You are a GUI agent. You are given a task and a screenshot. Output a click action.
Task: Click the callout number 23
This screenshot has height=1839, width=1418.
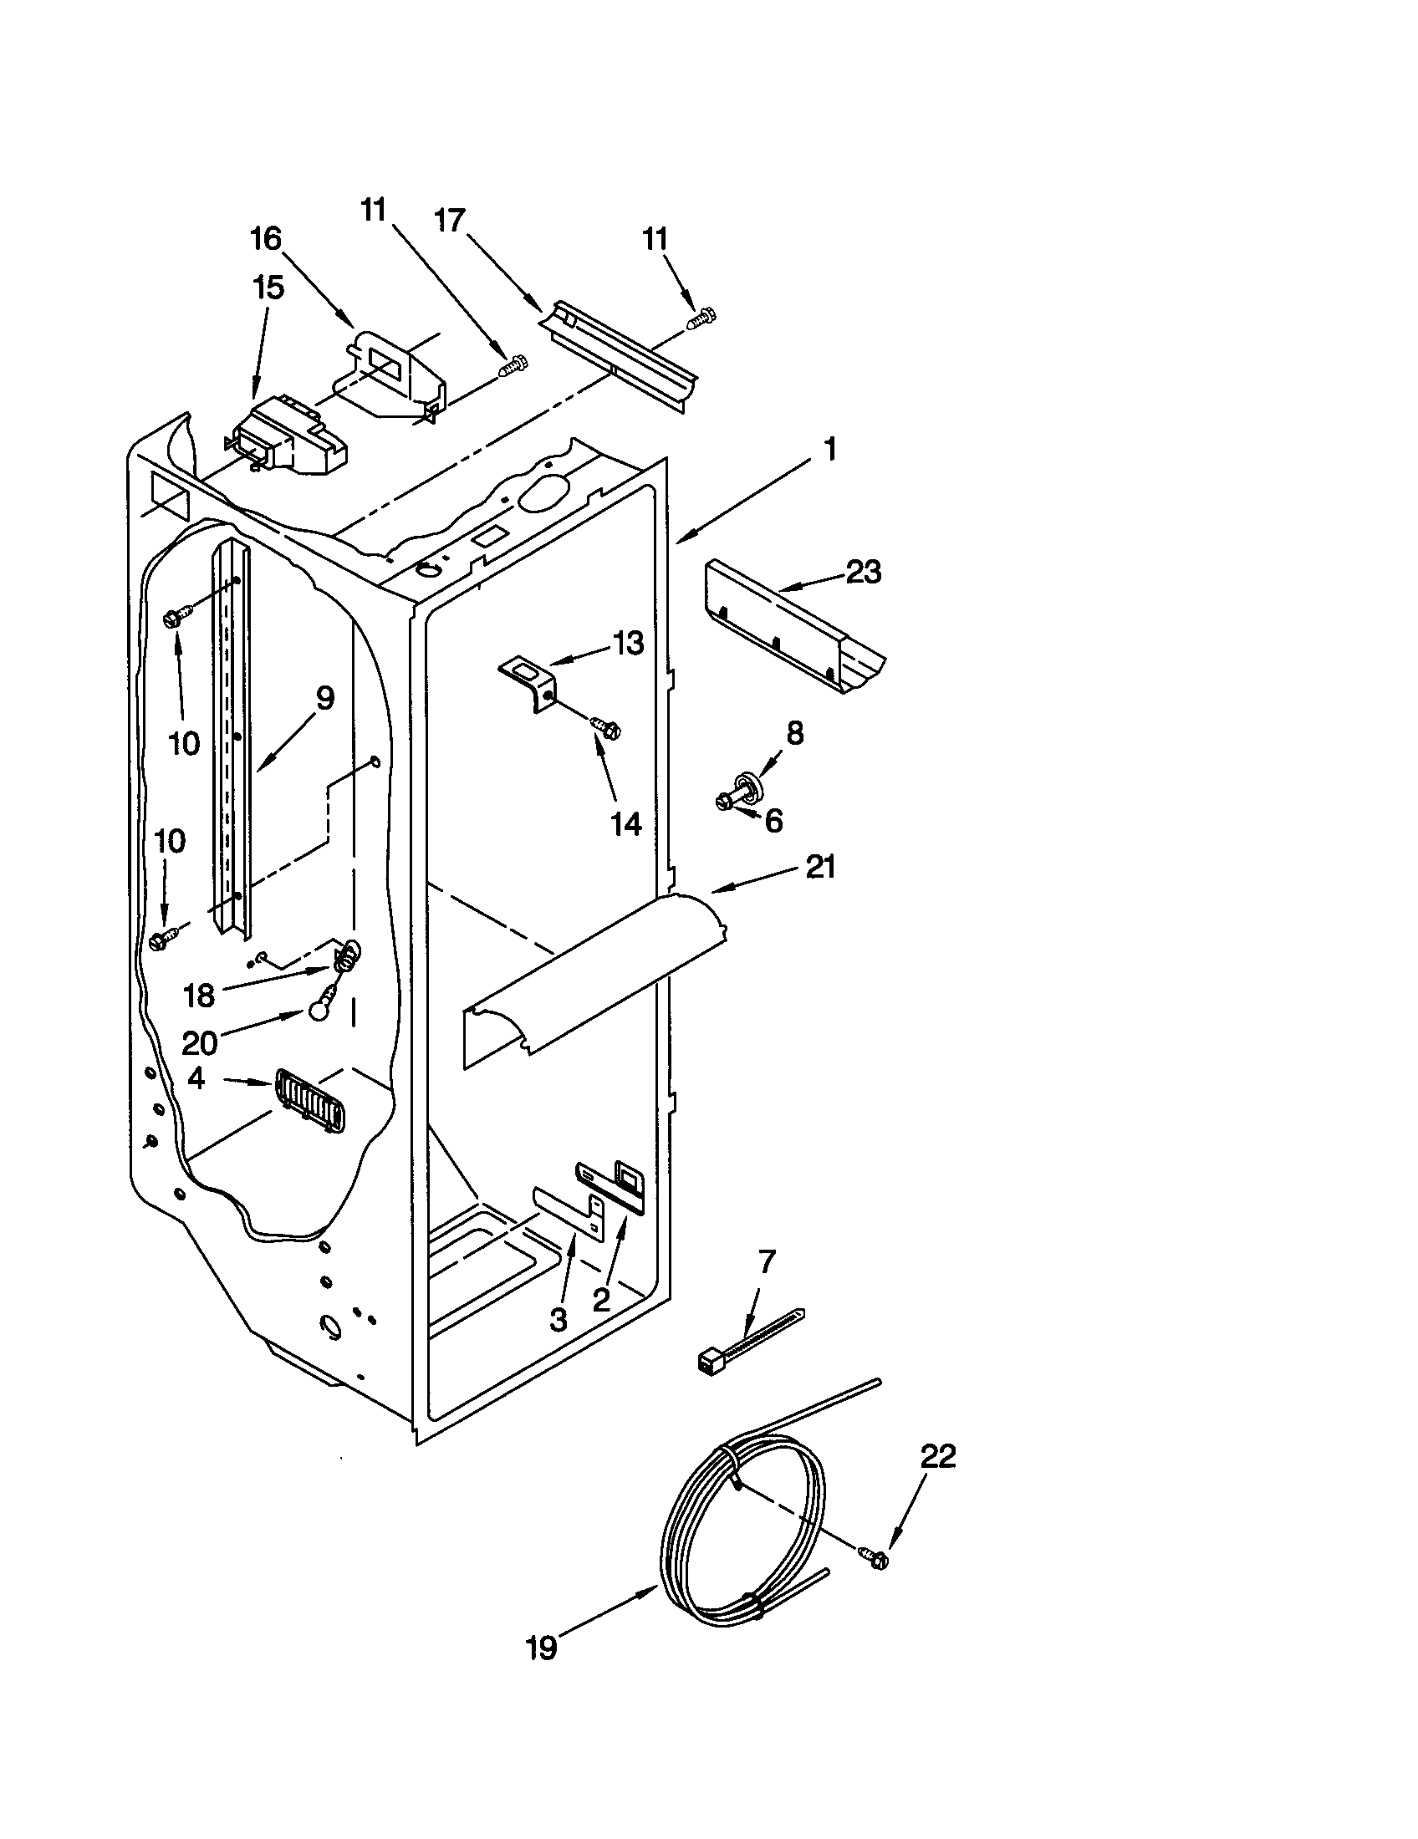point(863,573)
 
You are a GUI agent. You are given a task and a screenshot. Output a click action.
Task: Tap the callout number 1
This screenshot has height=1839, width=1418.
point(829,450)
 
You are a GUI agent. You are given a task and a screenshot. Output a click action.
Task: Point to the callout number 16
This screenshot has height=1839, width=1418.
point(265,239)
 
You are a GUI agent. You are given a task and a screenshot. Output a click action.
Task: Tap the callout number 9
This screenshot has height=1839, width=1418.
point(325,697)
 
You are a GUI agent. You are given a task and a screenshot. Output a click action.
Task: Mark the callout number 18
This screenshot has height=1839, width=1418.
point(200,996)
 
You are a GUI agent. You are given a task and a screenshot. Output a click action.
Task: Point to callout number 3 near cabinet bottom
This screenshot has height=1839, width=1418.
point(558,1319)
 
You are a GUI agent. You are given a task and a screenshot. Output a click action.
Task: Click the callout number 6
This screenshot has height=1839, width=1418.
point(773,820)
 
